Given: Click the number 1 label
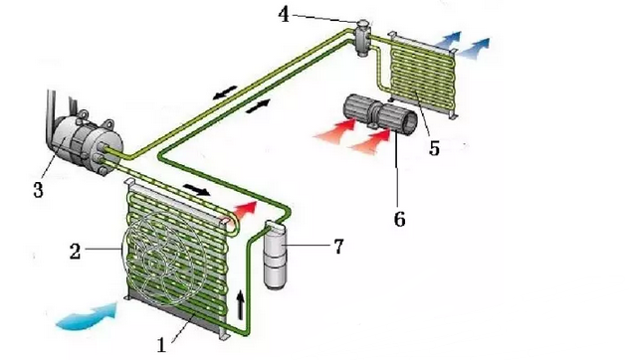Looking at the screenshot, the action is click(161, 345).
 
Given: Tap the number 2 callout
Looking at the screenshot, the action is click(75, 252).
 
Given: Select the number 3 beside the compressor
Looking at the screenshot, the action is click(38, 190).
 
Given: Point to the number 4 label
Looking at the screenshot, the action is click(284, 15).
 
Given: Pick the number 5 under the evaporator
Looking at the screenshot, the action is click(434, 148).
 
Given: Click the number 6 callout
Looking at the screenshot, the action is click(399, 219).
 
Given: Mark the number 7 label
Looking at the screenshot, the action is click(338, 247).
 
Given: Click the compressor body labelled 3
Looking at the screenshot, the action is click(87, 143).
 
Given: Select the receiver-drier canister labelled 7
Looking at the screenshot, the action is click(275, 256).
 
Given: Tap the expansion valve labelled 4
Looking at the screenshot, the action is click(361, 38).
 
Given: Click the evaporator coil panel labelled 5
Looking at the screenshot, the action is click(420, 74).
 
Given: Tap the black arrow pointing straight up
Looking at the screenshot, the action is click(240, 305).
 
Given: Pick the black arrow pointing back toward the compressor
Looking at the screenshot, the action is click(225, 91).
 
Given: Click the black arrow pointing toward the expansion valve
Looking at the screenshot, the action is click(258, 106).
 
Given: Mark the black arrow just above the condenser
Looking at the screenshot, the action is click(196, 189).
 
